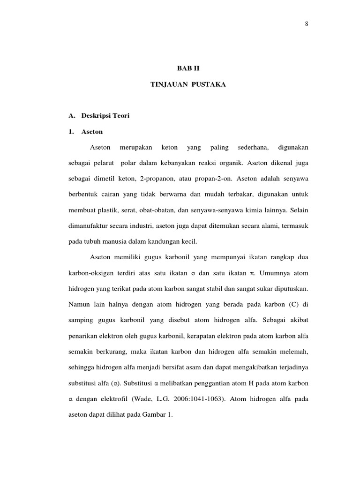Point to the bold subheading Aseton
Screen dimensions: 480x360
[92, 132]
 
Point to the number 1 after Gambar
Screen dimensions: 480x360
[171, 414]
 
